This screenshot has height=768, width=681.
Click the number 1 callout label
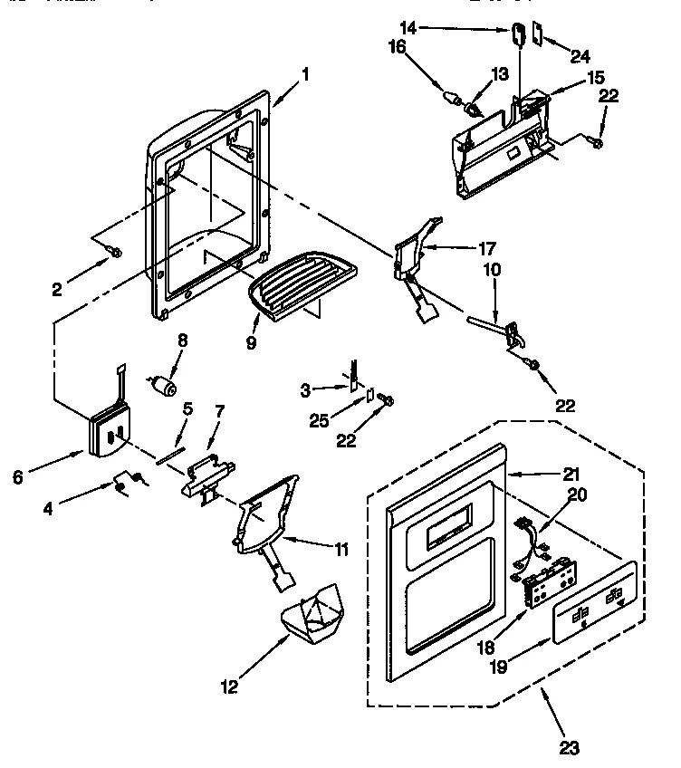point(305,74)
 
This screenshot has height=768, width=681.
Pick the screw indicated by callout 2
point(112,251)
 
